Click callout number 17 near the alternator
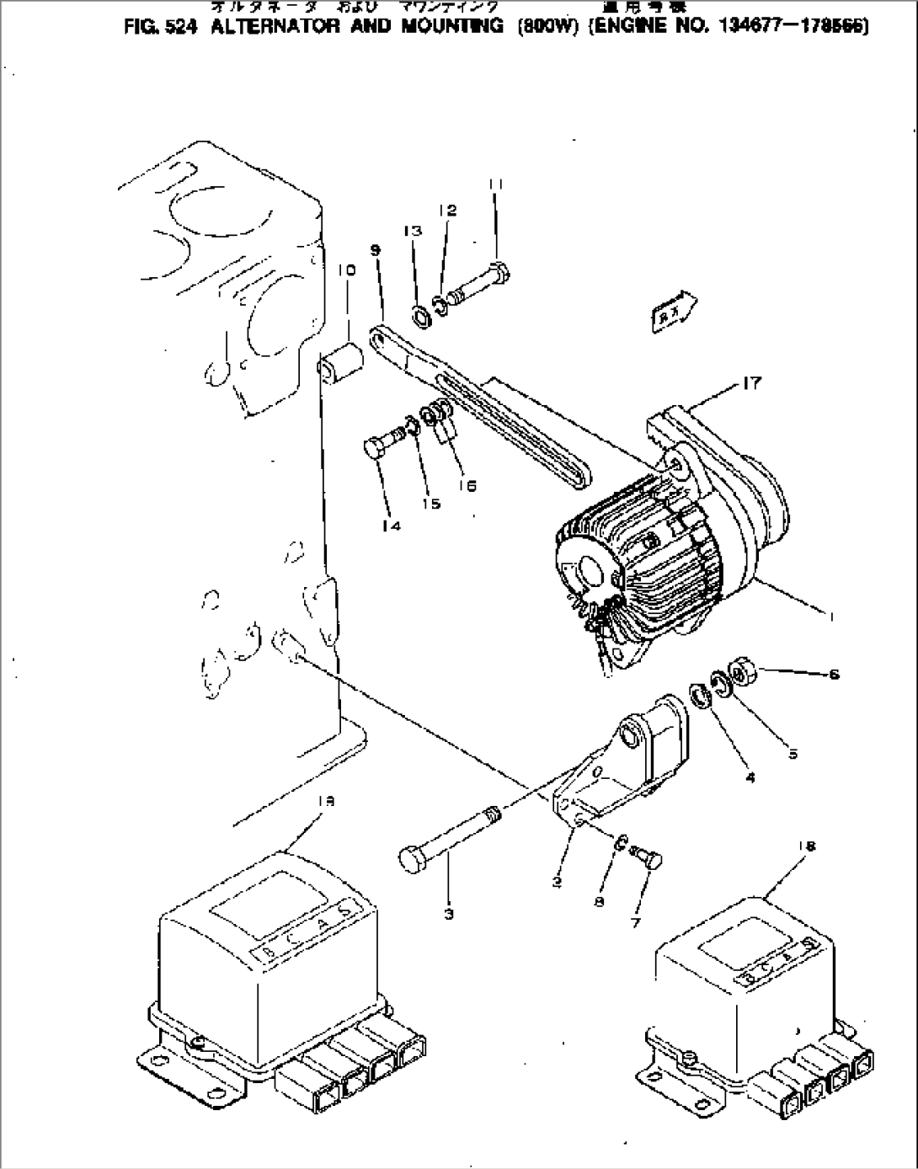pyautogui.click(x=751, y=384)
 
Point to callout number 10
pyautogui.click(x=347, y=270)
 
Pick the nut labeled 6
pyautogui.click(x=741, y=674)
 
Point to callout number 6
pyautogui.click(x=833, y=674)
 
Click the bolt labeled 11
pyautogui.click(x=477, y=284)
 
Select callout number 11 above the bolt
pyautogui.click(x=495, y=184)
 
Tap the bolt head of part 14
pyautogui.click(x=375, y=446)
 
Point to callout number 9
pyautogui.click(x=376, y=250)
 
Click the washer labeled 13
pyautogui.click(x=419, y=318)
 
